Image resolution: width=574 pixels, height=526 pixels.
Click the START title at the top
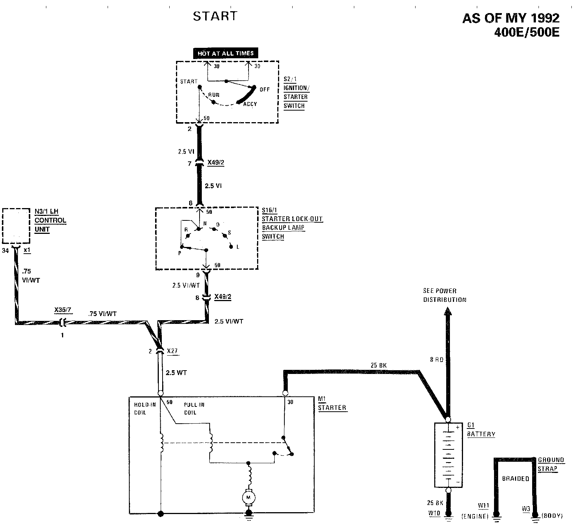(215, 16)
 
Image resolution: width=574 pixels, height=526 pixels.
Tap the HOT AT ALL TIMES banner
(225, 53)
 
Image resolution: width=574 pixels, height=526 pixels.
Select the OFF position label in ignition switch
(265, 89)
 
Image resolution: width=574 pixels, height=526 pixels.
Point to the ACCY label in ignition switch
(250, 104)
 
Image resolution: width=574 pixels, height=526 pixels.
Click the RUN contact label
(214, 95)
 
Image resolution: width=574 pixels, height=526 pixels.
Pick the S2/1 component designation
(290, 79)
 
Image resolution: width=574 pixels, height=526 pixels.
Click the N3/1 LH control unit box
(16, 226)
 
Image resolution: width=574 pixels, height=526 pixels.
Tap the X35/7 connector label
(62, 310)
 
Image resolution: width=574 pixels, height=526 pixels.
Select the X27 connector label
(172, 351)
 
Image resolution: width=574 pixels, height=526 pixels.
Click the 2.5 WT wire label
(176, 372)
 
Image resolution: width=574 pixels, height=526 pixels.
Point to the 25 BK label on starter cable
(379, 365)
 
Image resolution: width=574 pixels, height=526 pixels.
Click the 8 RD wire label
(436, 360)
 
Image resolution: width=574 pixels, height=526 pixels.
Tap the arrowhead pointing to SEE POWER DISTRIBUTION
(448, 312)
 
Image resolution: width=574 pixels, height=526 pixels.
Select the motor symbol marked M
(248, 497)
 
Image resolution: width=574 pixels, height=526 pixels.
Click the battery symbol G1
(448, 455)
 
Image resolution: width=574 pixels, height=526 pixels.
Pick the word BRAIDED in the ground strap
(515, 479)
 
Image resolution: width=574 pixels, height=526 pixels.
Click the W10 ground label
(434, 513)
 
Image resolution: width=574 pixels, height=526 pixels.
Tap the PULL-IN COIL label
(194, 409)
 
